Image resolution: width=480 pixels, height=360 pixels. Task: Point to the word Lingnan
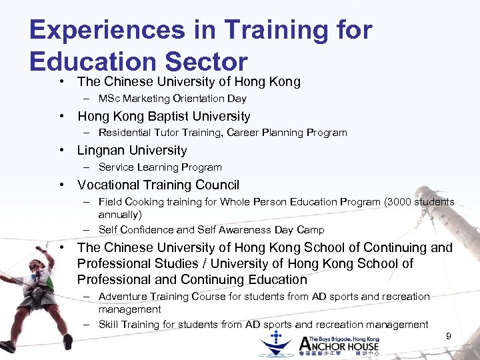click(x=103, y=151)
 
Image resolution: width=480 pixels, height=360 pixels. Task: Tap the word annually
click(x=120, y=215)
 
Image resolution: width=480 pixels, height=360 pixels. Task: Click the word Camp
click(x=309, y=230)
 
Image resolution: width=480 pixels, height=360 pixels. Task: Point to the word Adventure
click(x=125, y=296)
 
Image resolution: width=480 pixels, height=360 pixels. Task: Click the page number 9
click(x=448, y=336)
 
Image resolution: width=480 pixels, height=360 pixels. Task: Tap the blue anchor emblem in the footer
click(x=277, y=343)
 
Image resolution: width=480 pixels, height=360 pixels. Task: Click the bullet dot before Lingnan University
click(x=61, y=151)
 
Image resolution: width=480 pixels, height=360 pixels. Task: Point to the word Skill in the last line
click(x=110, y=325)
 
